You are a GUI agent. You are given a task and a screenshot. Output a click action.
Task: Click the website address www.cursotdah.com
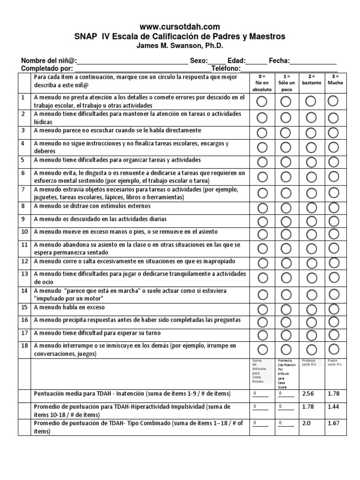click(180, 27)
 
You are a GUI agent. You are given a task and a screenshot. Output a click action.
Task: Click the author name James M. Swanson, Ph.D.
click(180, 46)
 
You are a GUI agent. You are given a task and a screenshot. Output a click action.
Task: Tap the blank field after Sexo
click(216, 61)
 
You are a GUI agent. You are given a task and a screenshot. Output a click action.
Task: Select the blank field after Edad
click(256, 61)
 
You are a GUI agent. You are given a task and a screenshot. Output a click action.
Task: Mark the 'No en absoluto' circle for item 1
click(262, 101)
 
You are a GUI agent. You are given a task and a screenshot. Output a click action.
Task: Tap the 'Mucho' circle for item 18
click(333, 349)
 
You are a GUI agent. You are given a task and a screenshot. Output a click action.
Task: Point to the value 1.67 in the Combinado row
click(333, 423)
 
